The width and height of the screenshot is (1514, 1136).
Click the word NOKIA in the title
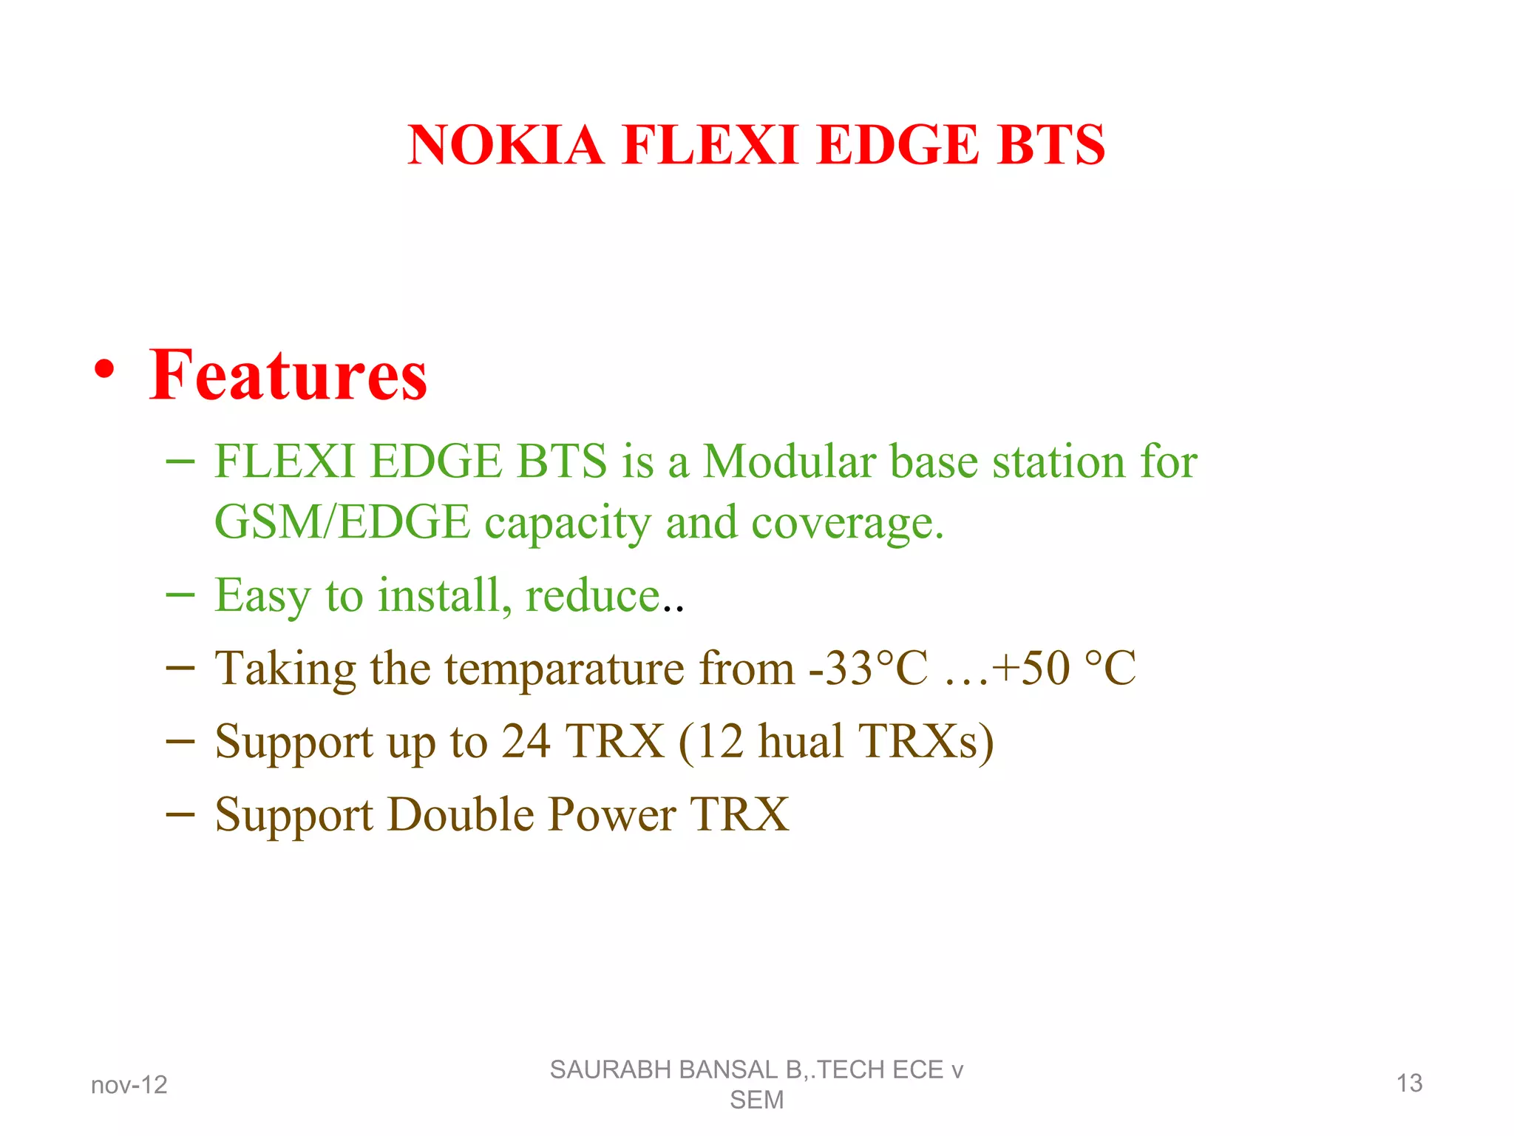coord(506,144)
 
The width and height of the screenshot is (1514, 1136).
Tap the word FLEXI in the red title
coord(710,144)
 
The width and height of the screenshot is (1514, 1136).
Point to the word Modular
coord(789,461)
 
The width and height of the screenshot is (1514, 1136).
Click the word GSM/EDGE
coord(342,522)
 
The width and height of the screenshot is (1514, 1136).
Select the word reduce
coord(592,596)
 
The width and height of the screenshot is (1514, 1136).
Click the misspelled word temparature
coord(564,669)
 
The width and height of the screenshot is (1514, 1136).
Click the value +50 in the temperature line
coord(1031,668)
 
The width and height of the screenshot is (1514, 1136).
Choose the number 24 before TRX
coord(526,741)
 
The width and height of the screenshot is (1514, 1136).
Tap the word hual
coord(801,741)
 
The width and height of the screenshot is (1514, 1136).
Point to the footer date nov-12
coord(129,1085)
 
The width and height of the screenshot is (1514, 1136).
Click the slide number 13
coord(1409,1083)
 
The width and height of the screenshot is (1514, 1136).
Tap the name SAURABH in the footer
coord(601,1070)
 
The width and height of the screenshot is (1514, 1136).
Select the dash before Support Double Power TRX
coord(180,814)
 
